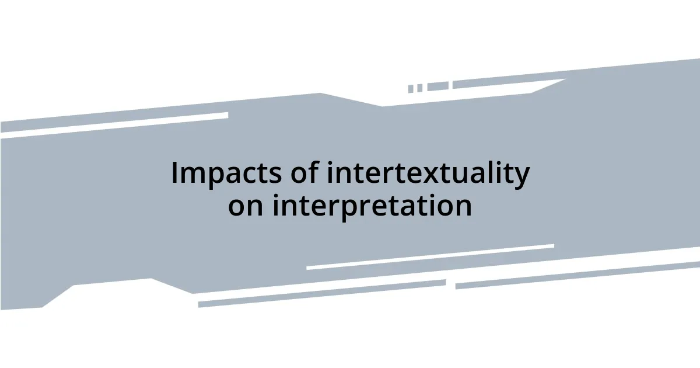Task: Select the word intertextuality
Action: tap(428, 174)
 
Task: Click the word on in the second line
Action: tap(246, 206)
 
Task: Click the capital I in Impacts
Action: tap(174, 174)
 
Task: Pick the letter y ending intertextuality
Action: tap(522, 177)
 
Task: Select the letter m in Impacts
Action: tap(192, 175)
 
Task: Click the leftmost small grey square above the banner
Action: tap(411, 89)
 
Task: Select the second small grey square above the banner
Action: tap(419, 88)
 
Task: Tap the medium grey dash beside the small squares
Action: tap(437, 86)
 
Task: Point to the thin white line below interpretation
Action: tap(430, 257)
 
